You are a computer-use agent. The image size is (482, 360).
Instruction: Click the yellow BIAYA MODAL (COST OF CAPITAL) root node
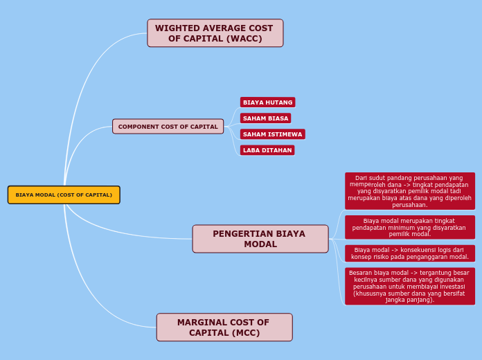[x=64, y=195]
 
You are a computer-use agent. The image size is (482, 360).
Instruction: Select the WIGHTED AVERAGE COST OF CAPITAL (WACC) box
[x=215, y=33]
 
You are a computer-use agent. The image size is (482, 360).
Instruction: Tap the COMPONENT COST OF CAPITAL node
[x=168, y=127]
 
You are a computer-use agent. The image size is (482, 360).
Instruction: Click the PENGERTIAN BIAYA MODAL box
[x=260, y=239]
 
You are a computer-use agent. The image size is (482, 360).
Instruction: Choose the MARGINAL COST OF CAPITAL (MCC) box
[x=224, y=327]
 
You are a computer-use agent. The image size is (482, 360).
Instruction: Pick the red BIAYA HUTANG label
[x=267, y=102]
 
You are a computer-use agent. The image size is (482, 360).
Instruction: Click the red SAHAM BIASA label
[x=265, y=118]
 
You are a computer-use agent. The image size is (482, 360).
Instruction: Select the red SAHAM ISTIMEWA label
[x=272, y=134]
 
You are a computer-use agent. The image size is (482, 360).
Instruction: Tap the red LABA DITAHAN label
[x=267, y=150]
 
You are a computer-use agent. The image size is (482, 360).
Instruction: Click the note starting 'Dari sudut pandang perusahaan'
[x=409, y=191]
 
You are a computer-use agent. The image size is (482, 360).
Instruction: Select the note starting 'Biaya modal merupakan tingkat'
[x=409, y=227]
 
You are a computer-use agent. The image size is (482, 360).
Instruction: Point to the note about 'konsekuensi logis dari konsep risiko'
[x=409, y=253]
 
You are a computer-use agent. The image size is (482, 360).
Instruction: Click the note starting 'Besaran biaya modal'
[x=409, y=286]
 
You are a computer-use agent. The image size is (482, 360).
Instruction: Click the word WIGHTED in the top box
[x=177, y=28]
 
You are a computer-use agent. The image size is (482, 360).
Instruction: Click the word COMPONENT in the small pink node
[x=139, y=127]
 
